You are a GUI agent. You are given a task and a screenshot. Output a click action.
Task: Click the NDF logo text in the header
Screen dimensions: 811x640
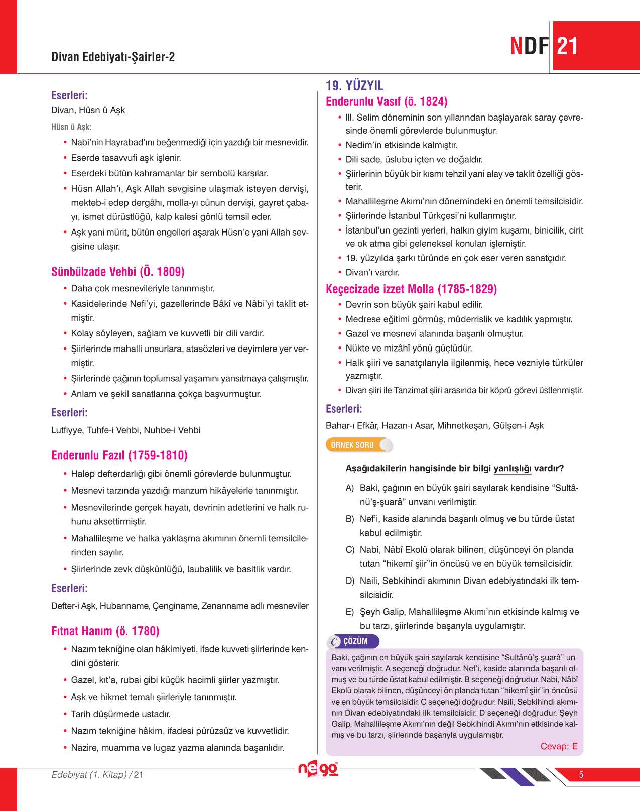[x=529, y=46]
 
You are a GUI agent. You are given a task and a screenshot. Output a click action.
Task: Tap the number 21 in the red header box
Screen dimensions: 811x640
[x=568, y=47]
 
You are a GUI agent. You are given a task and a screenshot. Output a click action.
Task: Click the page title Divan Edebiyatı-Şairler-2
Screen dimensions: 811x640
[x=113, y=57]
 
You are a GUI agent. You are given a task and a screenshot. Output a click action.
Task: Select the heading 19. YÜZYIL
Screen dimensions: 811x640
[x=354, y=86]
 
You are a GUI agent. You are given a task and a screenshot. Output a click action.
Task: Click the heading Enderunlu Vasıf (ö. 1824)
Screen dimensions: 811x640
[x=387, y=102]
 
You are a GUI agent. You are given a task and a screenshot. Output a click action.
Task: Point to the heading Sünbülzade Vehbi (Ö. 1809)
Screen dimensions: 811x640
[x=118, y=272]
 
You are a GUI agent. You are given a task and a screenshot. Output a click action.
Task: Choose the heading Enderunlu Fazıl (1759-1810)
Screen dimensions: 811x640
[x=119, y=455]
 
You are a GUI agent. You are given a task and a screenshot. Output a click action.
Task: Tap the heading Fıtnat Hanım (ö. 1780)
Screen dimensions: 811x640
[x=105, y=631]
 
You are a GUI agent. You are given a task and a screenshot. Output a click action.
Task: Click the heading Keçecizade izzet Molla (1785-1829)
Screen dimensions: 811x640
[x=411, y=289]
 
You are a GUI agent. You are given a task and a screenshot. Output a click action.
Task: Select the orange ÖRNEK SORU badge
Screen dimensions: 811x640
[x=352, y=445]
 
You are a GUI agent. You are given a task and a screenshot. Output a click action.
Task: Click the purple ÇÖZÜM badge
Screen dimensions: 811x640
[x=355, y=641]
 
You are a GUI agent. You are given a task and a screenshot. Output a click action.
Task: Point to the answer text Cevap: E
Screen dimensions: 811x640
[x=559, y=746]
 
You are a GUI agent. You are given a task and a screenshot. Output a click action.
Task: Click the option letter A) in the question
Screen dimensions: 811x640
[x=350, y=488]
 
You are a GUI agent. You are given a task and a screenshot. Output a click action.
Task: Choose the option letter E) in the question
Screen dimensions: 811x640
[x=350, y=612]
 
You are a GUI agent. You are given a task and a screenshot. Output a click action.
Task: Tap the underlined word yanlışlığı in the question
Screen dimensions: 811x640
[x=512, y=468]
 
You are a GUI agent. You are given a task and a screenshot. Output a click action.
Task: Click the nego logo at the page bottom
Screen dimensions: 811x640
[x=318, y=769]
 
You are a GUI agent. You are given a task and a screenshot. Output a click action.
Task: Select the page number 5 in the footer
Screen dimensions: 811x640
[x=581, y=775]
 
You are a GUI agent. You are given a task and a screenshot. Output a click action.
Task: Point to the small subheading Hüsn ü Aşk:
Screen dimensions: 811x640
[x=71, y=127]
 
